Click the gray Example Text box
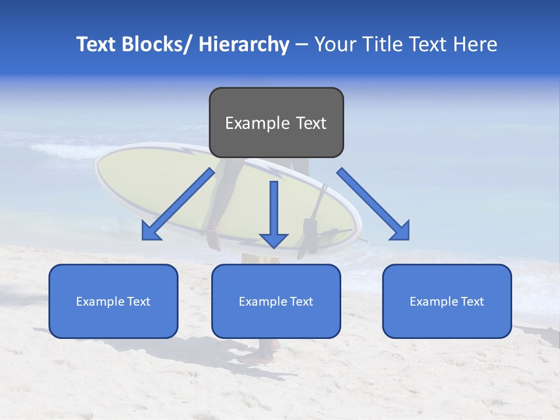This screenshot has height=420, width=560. pos(276,123)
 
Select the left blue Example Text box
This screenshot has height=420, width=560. pos(113,301)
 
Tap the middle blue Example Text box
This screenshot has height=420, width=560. pos(276,301)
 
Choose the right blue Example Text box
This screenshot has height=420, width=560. pos(447,301)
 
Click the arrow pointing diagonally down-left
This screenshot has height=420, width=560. pos(178,204)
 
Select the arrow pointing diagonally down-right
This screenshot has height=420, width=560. pos(373,204)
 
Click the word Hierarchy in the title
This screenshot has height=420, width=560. pos(244,44)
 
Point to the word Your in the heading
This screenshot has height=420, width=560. pos(334,44)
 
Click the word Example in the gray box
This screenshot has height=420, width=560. pos(257,123)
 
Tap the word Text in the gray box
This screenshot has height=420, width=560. pos(310,123)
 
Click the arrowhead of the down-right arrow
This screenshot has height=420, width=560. pos(400,230)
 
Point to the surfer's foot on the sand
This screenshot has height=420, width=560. pos(260,356)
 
